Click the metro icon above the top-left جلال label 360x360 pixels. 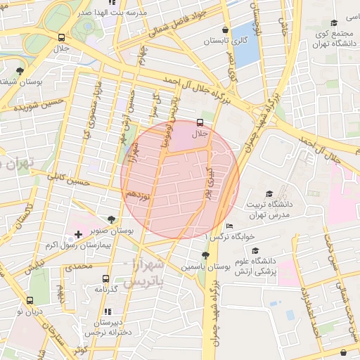coord(63,37)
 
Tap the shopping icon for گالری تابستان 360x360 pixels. coord(224,30)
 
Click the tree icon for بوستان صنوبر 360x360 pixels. coord(112,219)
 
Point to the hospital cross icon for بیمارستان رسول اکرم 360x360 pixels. coord(77,233)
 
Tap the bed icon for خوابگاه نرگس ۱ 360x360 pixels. coord(230,226)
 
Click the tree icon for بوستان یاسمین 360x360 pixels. coord(205,256)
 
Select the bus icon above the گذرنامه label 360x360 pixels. coord(105,278)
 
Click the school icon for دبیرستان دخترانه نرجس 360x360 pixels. coord(107,311)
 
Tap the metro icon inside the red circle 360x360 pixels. coord(202,122)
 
